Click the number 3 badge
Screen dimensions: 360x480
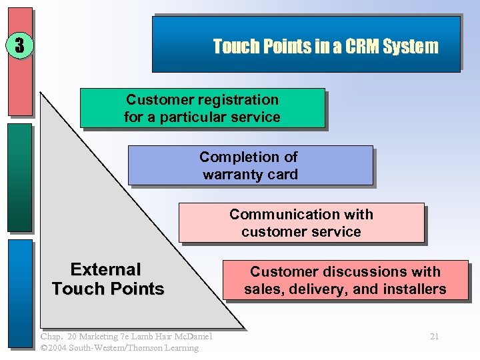[19, 46]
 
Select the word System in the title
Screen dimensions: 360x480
[415, 46]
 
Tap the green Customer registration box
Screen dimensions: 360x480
[202, 108]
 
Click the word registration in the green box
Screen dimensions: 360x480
[238, 100]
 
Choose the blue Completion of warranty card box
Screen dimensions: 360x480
[250, 165]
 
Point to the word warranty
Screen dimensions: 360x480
[250, 175]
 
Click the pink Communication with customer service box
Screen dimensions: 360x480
[301, 223]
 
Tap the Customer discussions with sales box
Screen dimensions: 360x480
[345, 280]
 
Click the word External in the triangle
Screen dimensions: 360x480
[106, 270]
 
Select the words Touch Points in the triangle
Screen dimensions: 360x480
[108, 289]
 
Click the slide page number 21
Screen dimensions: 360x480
[434, 337]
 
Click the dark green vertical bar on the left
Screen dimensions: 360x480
[20, 177]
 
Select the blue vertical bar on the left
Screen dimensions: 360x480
[20, 293]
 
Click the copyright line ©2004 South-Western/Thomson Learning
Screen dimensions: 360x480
[119, 348]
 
